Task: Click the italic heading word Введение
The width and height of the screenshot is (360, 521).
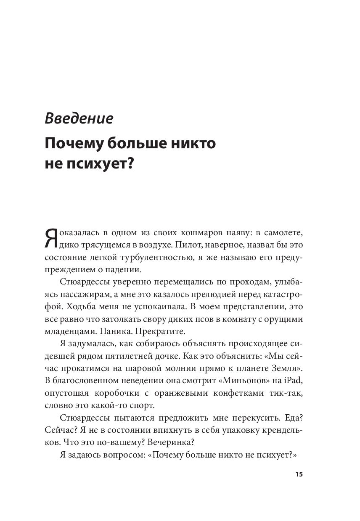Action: click(x=79, y=118)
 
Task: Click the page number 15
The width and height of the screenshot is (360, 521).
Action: click(x=298, y=475)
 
